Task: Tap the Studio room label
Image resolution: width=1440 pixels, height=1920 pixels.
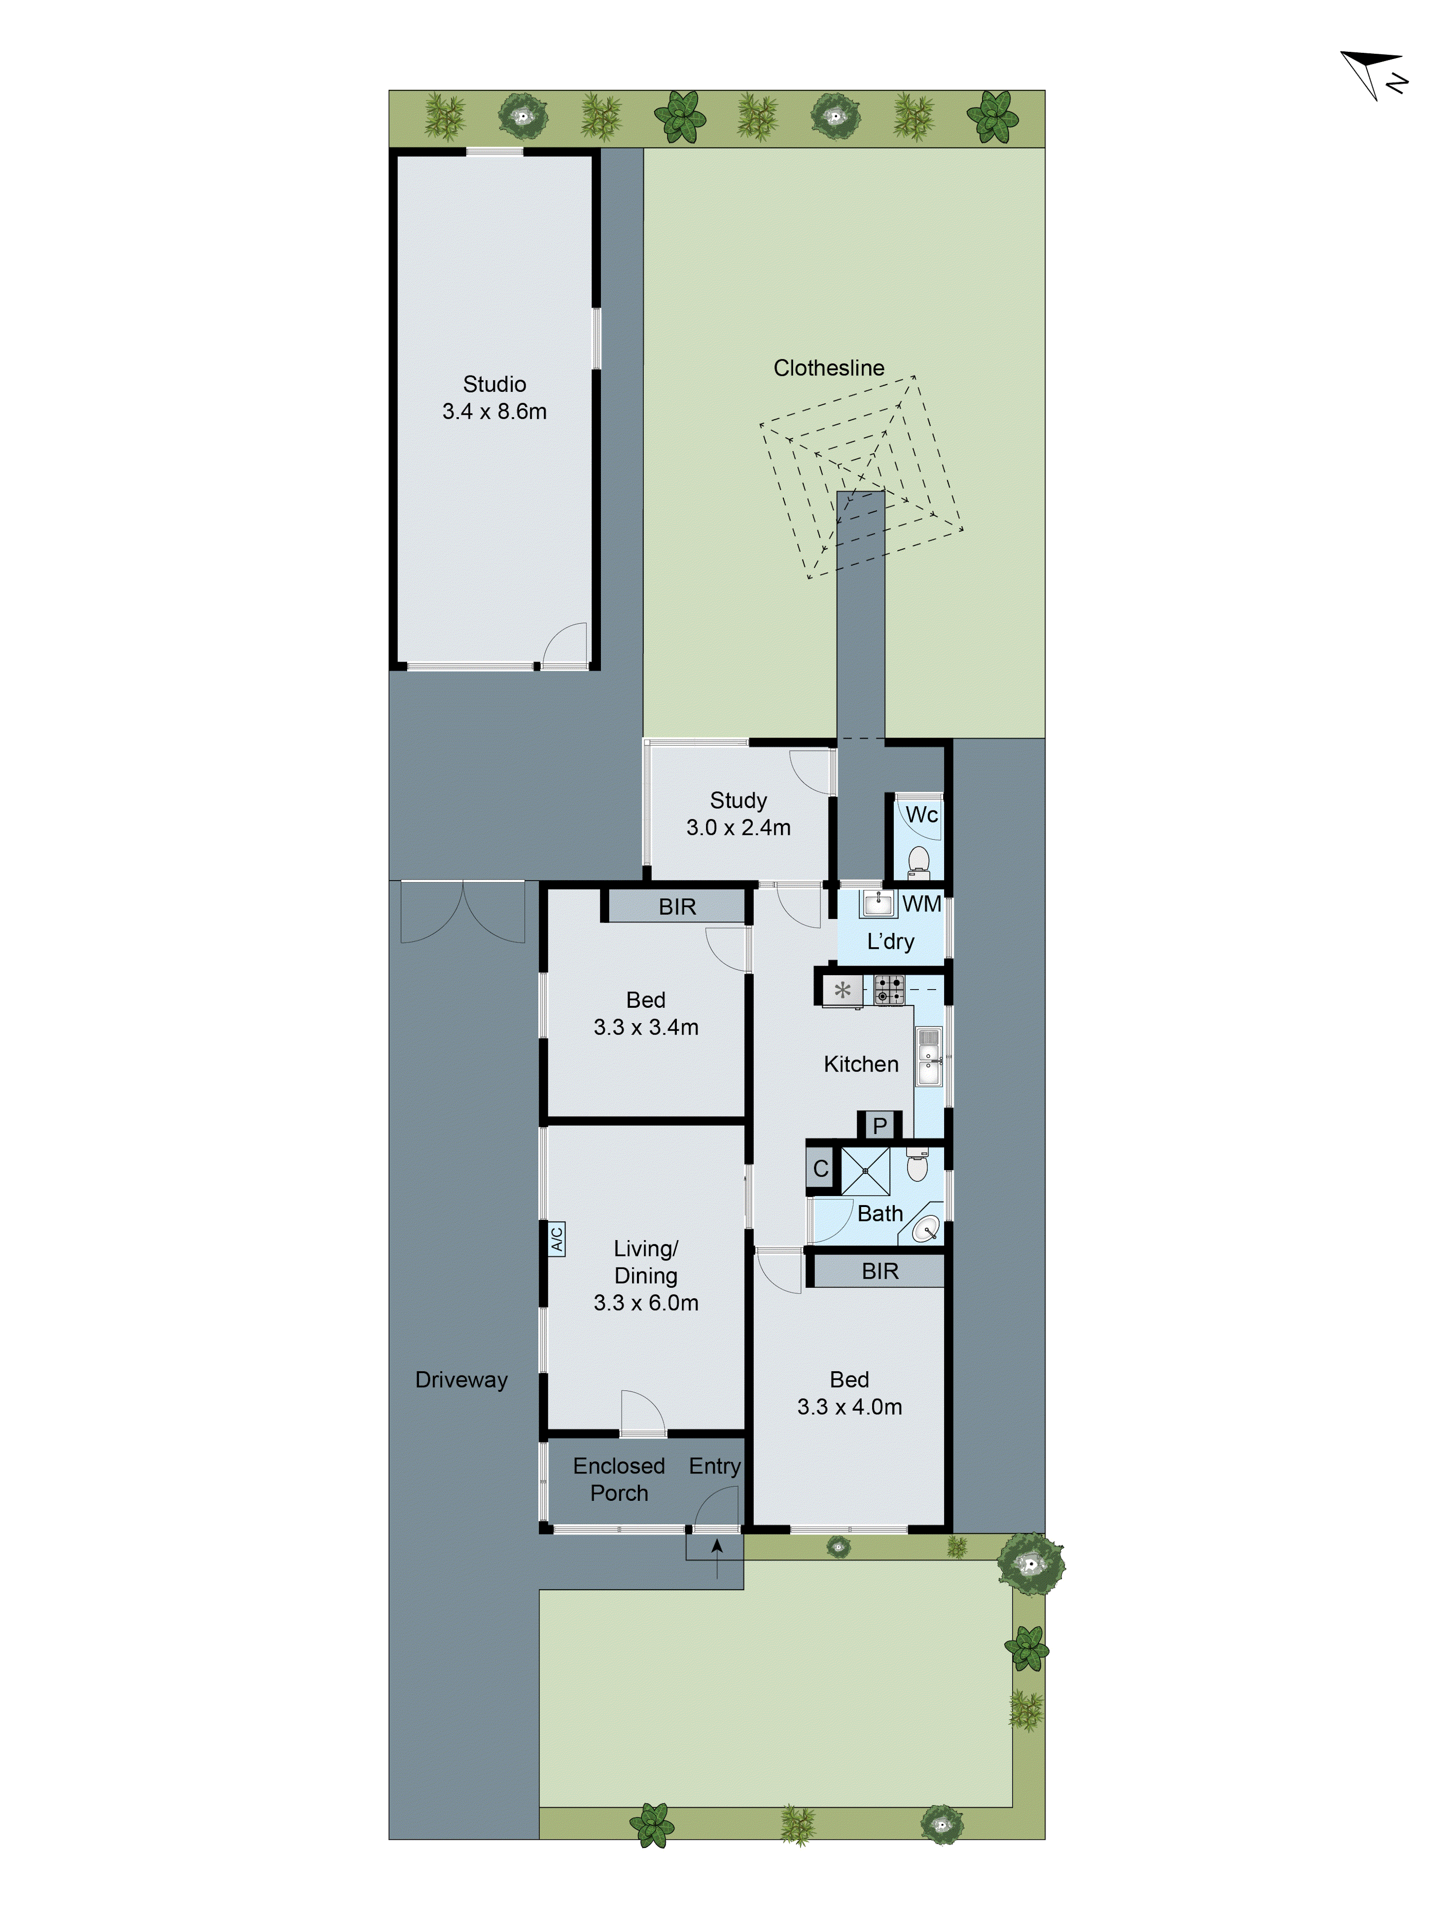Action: coord(494,385)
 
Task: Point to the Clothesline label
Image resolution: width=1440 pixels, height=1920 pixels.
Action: coord(828,368)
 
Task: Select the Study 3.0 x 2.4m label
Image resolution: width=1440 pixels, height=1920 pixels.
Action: coord(738,813)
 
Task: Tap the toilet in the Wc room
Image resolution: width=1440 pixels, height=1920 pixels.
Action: coord(918,862)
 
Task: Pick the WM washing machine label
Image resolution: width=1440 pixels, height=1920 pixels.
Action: coord(921,904)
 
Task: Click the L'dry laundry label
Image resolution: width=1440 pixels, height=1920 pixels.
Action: coord(890,941)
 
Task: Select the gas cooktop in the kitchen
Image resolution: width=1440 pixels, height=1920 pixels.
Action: coord(888,990)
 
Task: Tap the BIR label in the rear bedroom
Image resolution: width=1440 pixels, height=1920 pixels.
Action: coord(879,1271)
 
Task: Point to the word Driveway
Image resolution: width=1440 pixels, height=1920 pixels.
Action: coord(461,1379)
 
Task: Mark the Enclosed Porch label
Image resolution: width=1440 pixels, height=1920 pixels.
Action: coord(619,1479)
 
